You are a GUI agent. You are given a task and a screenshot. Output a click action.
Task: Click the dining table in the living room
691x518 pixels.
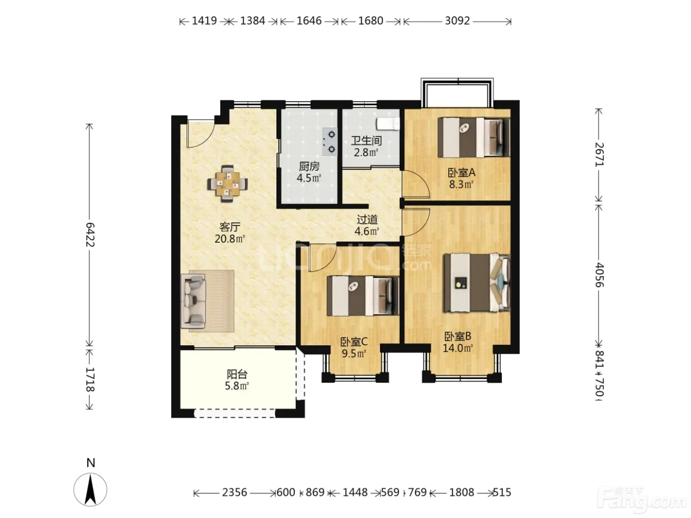click(x=228, y=184)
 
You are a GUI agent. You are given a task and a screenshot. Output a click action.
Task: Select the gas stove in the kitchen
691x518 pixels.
click(x=330, y=142)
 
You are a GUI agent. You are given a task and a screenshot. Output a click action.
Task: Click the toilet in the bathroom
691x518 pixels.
click(x=388, y=124)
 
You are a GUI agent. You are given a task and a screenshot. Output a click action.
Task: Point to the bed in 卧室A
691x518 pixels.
click(x=474, y=137)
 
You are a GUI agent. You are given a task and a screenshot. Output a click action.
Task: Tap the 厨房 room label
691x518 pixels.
click(x=309, y=166)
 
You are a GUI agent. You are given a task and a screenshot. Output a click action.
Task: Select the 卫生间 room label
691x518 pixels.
click(x=366, y=141)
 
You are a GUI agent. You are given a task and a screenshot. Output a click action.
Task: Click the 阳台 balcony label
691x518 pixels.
click(x=237, y=374)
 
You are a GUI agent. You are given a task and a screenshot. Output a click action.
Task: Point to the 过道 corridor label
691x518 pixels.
click(x=367, y=219)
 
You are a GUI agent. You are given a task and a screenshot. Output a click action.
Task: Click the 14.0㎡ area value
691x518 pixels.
click(x=458, y=348)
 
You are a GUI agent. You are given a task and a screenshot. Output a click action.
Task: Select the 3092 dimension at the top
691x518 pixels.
click(x=457, y=21)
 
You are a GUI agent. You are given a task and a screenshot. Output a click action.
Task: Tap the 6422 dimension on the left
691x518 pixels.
click(x=90, y=235)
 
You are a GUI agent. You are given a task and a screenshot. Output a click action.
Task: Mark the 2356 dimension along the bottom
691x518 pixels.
click(x=234, y=492)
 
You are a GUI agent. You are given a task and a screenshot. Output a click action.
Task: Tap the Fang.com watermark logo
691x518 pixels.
click(x=641, y=501)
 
